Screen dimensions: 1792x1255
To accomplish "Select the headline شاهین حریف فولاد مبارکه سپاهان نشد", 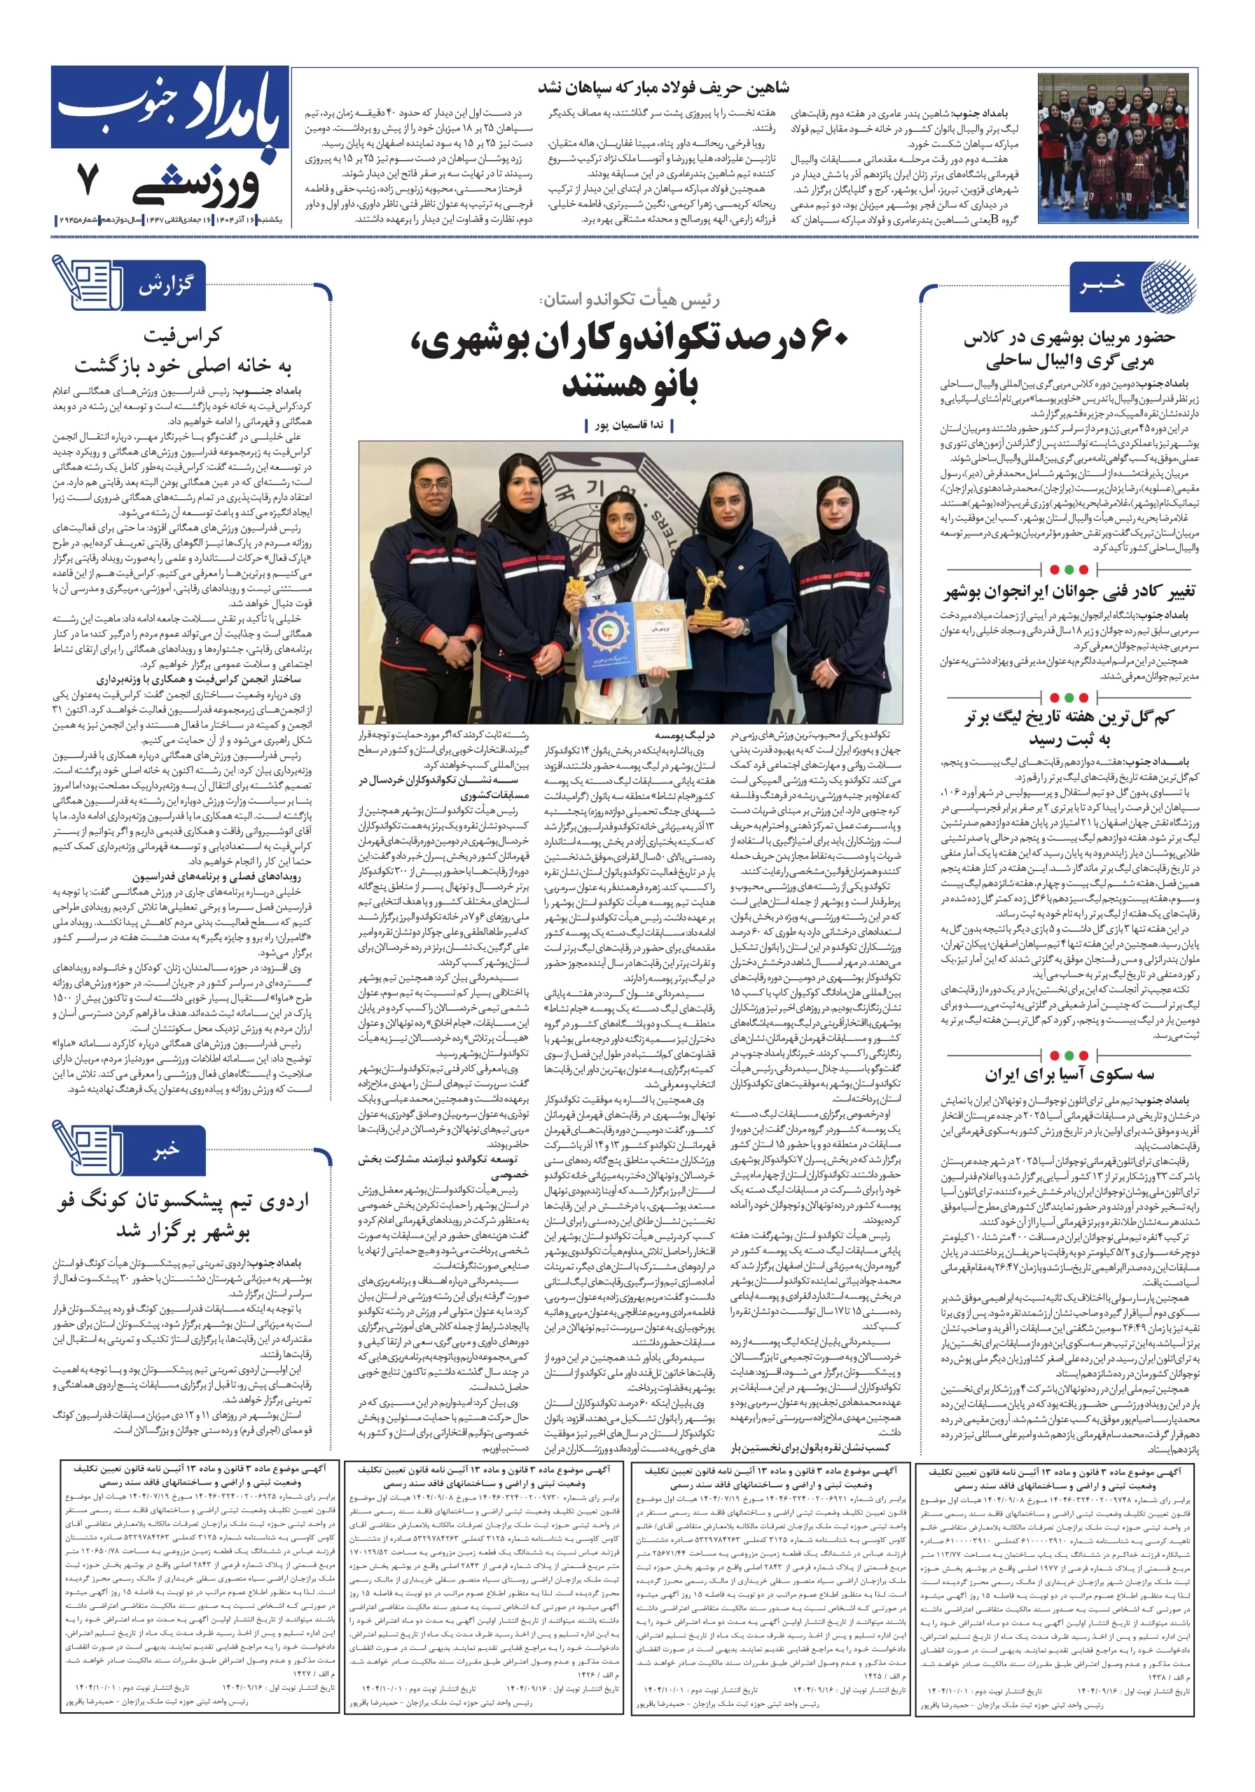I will (x=663, y=87).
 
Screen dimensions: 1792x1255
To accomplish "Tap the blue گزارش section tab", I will (x=165, y=285).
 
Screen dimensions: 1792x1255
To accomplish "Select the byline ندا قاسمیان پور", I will (x=629, y=425).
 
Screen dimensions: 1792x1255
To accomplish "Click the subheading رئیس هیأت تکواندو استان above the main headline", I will (x=630, y=300).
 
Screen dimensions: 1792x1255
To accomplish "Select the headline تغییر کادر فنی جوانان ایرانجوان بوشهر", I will (x=1069, y=591).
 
